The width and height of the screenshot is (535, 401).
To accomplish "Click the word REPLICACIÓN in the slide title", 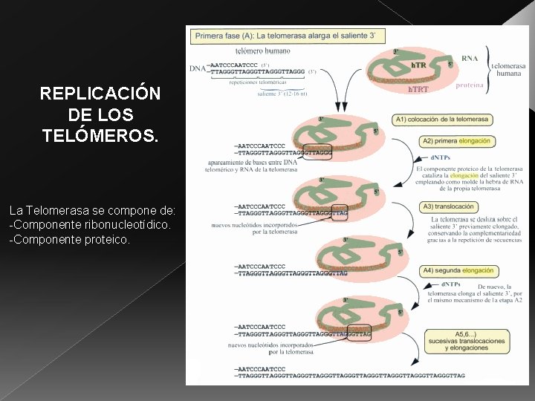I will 100,94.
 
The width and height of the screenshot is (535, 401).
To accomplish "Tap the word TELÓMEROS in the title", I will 100,136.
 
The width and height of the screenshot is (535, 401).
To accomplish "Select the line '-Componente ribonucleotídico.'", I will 90,224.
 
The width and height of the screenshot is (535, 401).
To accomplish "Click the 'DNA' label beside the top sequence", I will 197,68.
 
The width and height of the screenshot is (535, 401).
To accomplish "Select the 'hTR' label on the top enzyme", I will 418,65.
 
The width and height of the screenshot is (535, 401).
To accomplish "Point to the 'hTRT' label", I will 418,90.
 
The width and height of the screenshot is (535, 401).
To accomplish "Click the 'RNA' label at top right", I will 470,58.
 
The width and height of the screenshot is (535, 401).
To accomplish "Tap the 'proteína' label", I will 470,85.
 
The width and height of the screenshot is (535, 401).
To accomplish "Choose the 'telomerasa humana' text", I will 508,70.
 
